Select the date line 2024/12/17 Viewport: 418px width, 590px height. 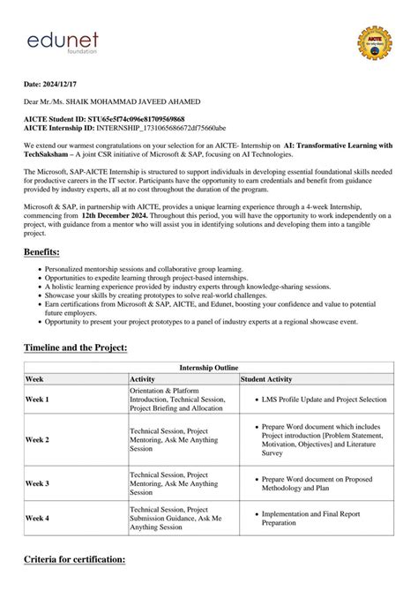[x=56, y=86]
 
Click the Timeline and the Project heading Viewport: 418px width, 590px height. [x=76, y=348]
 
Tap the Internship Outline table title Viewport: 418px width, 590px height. [x=208, y=367]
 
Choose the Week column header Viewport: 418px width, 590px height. [x=35, y=378]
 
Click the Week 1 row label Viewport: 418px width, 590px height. [x=37, y=400]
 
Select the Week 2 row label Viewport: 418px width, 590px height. [x=37, y=438]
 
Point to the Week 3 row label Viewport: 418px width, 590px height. [x=37, y=483]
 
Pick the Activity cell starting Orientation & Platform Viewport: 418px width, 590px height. [x=177, y=400]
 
